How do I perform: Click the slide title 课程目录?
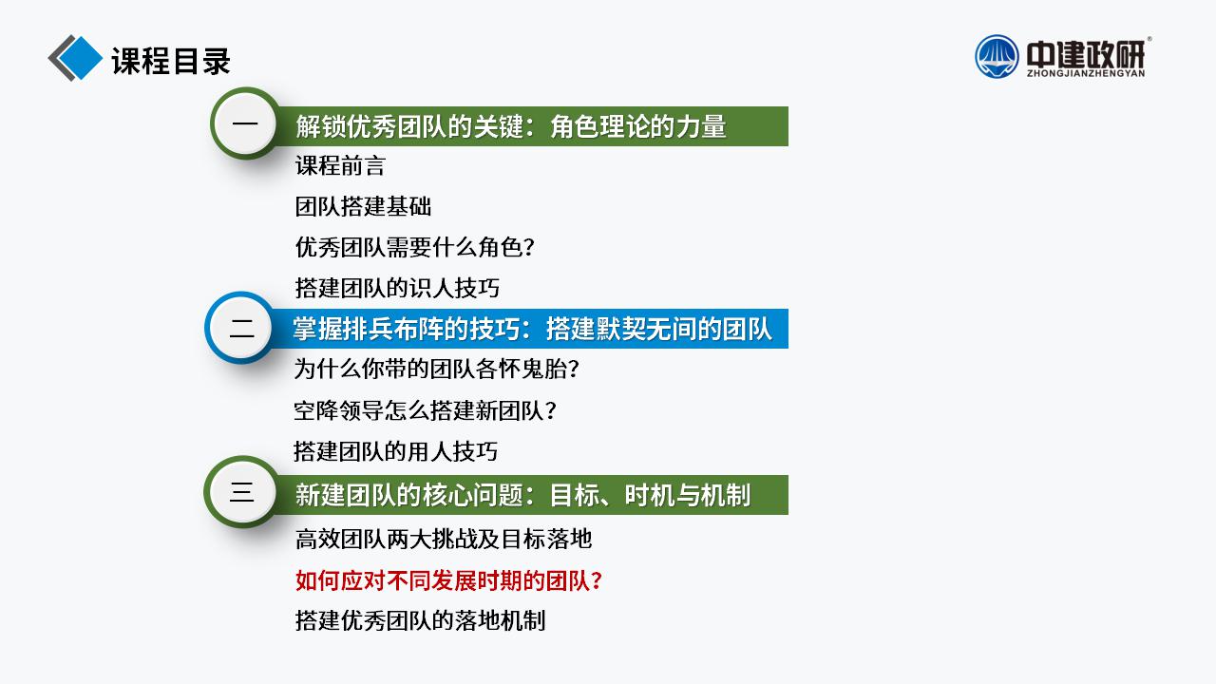171,60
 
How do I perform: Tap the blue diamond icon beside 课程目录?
79,58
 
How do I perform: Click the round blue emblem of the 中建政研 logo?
997,56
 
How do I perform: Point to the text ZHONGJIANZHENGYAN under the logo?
1086,73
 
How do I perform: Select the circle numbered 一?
245,123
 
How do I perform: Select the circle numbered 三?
241,492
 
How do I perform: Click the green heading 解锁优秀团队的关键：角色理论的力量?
511,126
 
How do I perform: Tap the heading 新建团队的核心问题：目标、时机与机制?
523,495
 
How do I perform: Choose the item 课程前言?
340,165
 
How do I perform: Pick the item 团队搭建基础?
363,206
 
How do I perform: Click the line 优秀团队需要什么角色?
415,247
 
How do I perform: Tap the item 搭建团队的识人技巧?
397,288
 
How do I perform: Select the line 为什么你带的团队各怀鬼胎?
436,370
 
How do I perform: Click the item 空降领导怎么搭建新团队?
425,410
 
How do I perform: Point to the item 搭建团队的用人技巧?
396,451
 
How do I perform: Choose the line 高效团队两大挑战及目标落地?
444,539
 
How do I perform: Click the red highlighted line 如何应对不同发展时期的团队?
449,580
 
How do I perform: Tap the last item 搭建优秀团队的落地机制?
420,620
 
